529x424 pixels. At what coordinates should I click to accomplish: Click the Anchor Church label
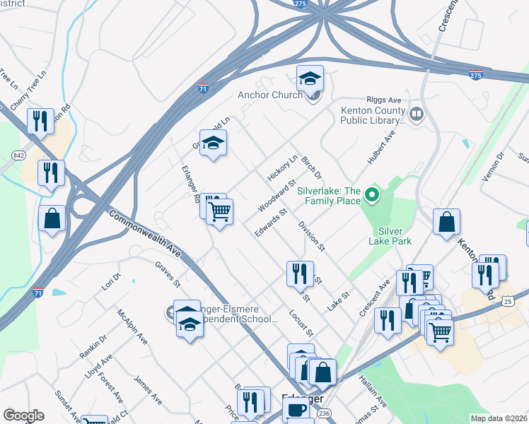click(271, 95)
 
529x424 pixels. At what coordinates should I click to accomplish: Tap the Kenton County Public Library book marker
click(417, 114)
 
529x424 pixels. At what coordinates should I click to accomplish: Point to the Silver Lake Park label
click(390, 236)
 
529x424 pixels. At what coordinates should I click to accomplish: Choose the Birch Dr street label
click(311, 167)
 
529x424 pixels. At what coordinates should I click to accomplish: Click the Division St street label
click(311, 237)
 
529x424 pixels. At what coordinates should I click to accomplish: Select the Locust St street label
click(301, 322)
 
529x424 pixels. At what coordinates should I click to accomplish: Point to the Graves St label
click(168, 273)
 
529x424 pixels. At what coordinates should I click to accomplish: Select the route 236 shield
click(324, 413)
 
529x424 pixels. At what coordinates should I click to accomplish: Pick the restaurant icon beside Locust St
click(300, 273)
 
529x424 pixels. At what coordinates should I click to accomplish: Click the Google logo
click(23, 416)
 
